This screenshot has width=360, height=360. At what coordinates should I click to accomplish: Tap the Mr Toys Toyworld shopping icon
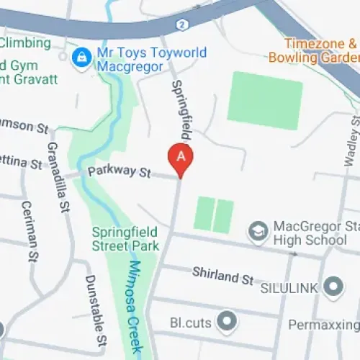pyautogui.click(x=84, y=54)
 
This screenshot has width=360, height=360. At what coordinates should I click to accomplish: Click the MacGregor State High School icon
pyautogui.click(x=257, y=231)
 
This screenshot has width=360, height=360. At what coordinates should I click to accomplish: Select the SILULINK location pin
pyautogui.click(x=333, y=287)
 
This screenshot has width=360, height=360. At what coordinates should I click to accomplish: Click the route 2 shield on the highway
pyautogui.click(x=183, y=25)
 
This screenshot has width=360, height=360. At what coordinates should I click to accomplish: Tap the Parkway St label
pyautogui.click(x=118, y=172)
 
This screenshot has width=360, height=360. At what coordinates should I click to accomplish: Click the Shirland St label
pyautogui.click(x=222, y=274)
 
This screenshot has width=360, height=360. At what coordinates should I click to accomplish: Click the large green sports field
pyautogui.click(x=264, y=100)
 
